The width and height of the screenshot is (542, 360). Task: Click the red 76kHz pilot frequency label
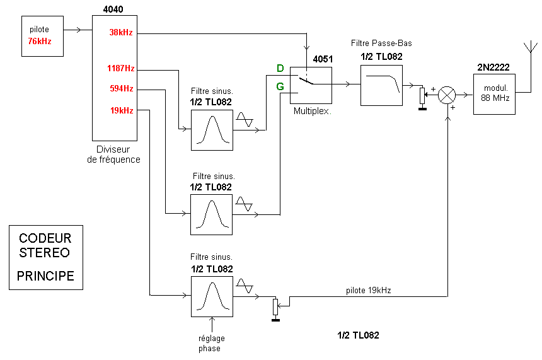(40, 41)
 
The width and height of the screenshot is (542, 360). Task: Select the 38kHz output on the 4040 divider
(120, 32)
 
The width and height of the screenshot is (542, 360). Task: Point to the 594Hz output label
(120, 89)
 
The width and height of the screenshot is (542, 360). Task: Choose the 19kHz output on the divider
(120, 110)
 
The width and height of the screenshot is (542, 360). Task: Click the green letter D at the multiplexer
(280, 67)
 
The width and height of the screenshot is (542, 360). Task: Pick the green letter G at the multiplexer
(280, 86)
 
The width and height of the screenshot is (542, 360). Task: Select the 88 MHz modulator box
(495, 94)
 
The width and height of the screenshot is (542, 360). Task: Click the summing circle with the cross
(447, 95)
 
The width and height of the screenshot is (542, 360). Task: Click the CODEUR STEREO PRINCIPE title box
(45, 257)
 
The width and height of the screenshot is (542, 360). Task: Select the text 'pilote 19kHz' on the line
(368, 291)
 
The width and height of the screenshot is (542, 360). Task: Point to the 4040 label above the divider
(113, 9)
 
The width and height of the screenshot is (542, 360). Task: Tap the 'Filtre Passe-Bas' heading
(381, 44)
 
